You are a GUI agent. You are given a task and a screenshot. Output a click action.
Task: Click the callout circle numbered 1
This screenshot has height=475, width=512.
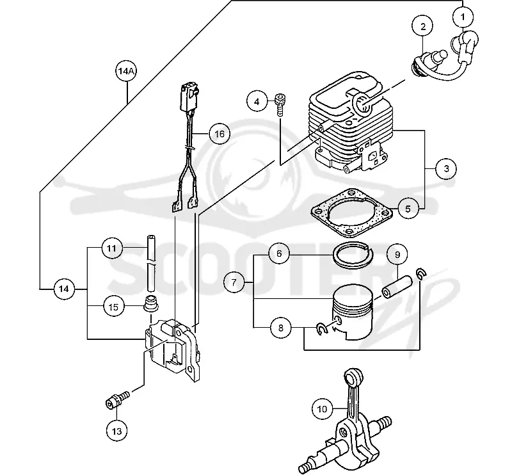pyautogui.click(x=462, y=17)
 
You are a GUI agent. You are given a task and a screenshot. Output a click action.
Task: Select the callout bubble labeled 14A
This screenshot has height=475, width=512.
pyautogui.click(x=125, y=71)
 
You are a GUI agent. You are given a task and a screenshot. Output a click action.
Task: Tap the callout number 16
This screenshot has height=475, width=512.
pyautogui.click(x=220, y=134)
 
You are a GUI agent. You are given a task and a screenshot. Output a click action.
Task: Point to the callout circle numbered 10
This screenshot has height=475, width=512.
pyautogui.click(x=322, y=408)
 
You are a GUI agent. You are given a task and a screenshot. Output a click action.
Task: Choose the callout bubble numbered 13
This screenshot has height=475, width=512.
pyautogui.click(x=116, y=431)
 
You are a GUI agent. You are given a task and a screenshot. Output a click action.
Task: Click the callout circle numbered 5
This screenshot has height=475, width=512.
pyautogui.click(x=408, y=209)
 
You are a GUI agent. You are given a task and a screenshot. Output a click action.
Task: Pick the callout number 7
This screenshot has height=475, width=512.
pyautogui.click(x=234, y=282)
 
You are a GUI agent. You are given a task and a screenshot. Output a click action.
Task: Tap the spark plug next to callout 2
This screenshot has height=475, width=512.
pyautogui.click(x=428, y=60)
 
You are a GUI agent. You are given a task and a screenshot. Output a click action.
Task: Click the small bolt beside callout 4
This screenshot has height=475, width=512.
pyautogui.click(x=279, y=104)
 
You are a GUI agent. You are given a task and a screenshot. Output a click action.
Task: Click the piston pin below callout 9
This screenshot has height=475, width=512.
pyautogui.click(x=397, y=287)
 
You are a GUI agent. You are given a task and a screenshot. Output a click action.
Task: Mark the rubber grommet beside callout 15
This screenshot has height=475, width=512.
pyautogui.click(x=151, y=302)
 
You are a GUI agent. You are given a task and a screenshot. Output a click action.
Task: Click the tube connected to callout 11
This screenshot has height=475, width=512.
pyautogui.click(x=151, y=262)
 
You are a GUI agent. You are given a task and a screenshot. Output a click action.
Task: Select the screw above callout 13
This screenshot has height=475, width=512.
pyautogui.click(x=118, y=399)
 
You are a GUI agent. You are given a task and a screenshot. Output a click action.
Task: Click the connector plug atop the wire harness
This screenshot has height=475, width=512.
pyautogui.click(x=188, y=97)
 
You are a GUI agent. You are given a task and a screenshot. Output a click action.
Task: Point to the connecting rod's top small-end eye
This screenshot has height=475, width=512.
pyautogui.click(x=354, y=377)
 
